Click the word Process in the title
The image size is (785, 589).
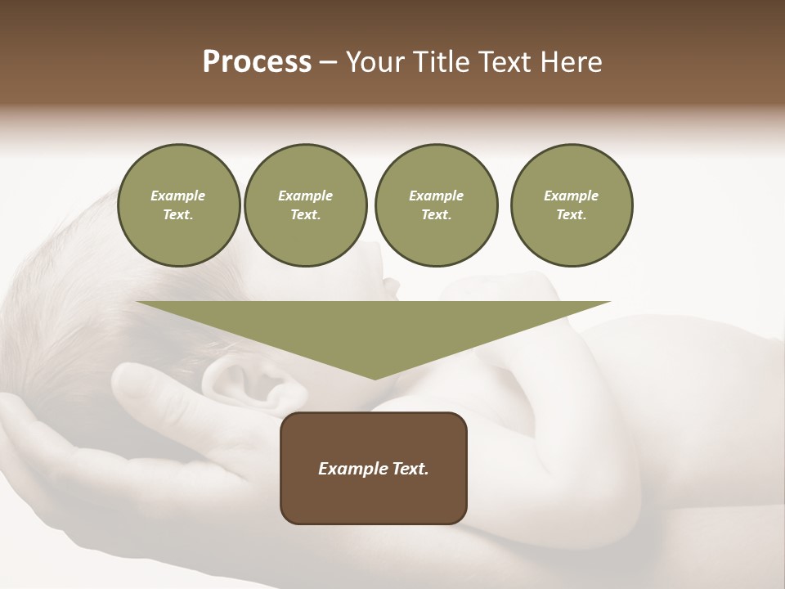pyautogui.click(x=257, y=62)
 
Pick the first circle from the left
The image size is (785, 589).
pyautogui.click(x=178, y=205)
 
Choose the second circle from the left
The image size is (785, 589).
pyautogui.click(x=305, y=205)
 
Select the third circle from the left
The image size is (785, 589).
pyautogui.click(x=436, y=205)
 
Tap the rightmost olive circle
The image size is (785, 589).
pyautogui.click(x=571, y=205)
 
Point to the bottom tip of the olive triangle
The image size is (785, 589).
pyautogui.click(x=375, y=379)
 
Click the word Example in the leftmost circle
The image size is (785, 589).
pyautogui.click(x=178, y=196)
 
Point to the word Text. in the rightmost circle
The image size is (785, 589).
pyautogui.click(x=571, y=215)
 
